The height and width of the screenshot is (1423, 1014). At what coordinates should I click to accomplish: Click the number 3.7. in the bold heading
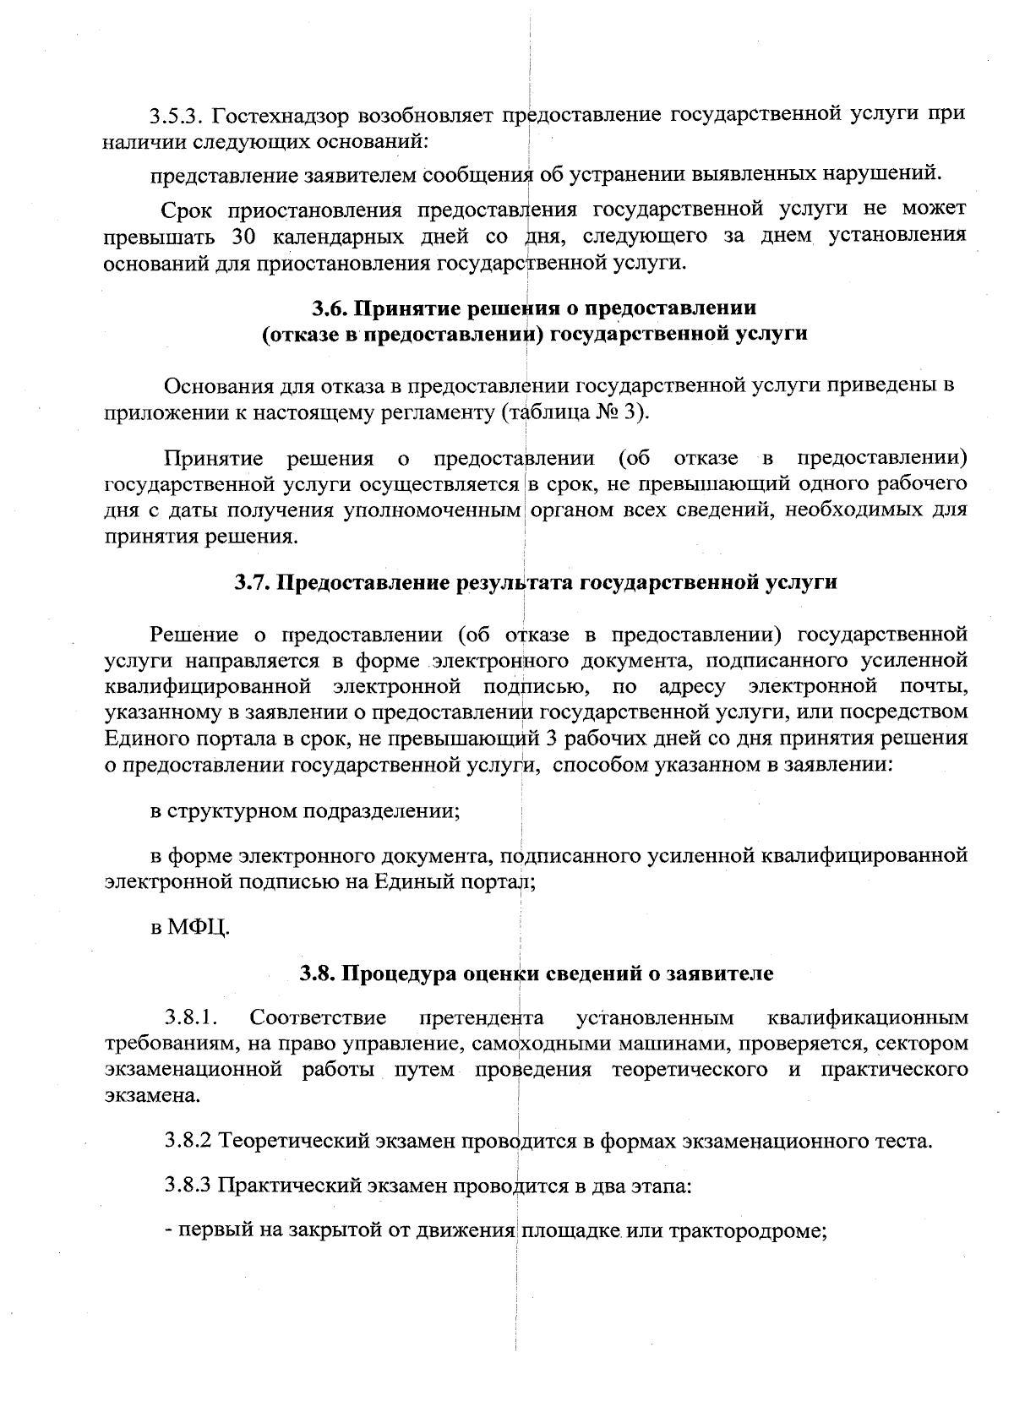[x=253, y=582]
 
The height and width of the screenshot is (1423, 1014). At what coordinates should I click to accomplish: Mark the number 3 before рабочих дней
[x=553, y=739]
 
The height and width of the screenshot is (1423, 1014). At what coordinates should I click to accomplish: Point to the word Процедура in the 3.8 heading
[x=396, y=973]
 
